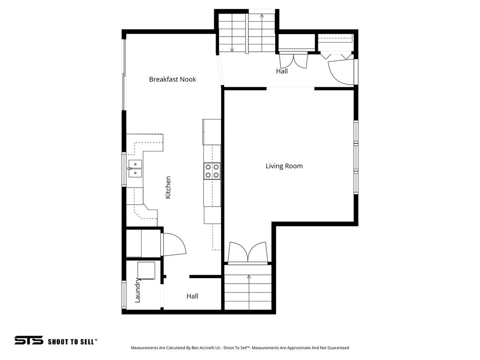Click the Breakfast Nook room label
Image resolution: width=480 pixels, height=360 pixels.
[172, 79]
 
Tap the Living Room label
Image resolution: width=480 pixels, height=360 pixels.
[284, 166]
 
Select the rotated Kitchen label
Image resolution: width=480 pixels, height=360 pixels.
[168, 187]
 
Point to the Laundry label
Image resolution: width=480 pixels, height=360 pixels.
[138, 290]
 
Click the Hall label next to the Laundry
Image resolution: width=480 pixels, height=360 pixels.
[192, 296]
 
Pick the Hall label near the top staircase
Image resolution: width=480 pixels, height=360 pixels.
[282, 71]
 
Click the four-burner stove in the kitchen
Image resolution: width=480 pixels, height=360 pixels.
[212, 171]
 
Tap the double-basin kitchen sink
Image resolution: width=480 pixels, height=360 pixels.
[135, 168]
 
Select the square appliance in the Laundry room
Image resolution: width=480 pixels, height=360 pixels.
[146, 270]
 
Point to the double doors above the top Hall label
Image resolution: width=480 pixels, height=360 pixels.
[293, 60]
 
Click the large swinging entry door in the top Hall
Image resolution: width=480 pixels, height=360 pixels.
[341, 73]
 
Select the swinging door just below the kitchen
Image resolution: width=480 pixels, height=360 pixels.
[174, 245]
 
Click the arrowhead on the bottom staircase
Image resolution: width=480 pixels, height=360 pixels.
[247, 277]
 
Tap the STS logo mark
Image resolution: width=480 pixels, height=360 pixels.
[29, 340]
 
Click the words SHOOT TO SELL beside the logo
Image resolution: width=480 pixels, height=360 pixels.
[72, 341]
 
